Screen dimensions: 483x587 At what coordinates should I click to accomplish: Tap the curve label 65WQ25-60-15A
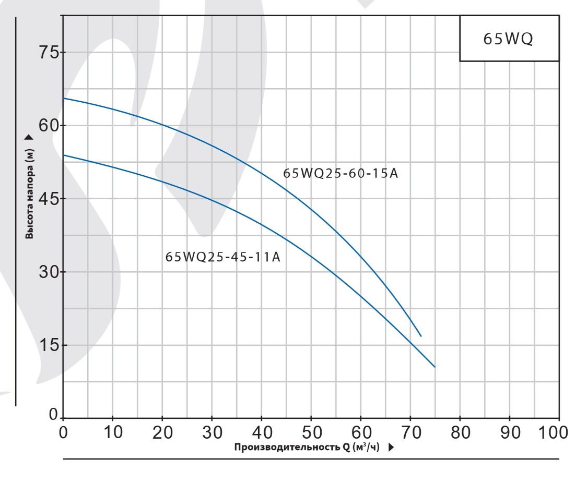pos(341,173)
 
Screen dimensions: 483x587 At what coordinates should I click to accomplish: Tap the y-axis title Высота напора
pos(29,192)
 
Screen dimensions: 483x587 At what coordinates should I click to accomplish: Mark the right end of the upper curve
pos(420,336)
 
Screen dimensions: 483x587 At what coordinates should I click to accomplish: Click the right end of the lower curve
pos(435,367)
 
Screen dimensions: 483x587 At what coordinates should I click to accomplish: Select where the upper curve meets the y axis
pos(63,98)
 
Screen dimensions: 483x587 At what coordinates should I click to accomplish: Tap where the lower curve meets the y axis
pos(63,155)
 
